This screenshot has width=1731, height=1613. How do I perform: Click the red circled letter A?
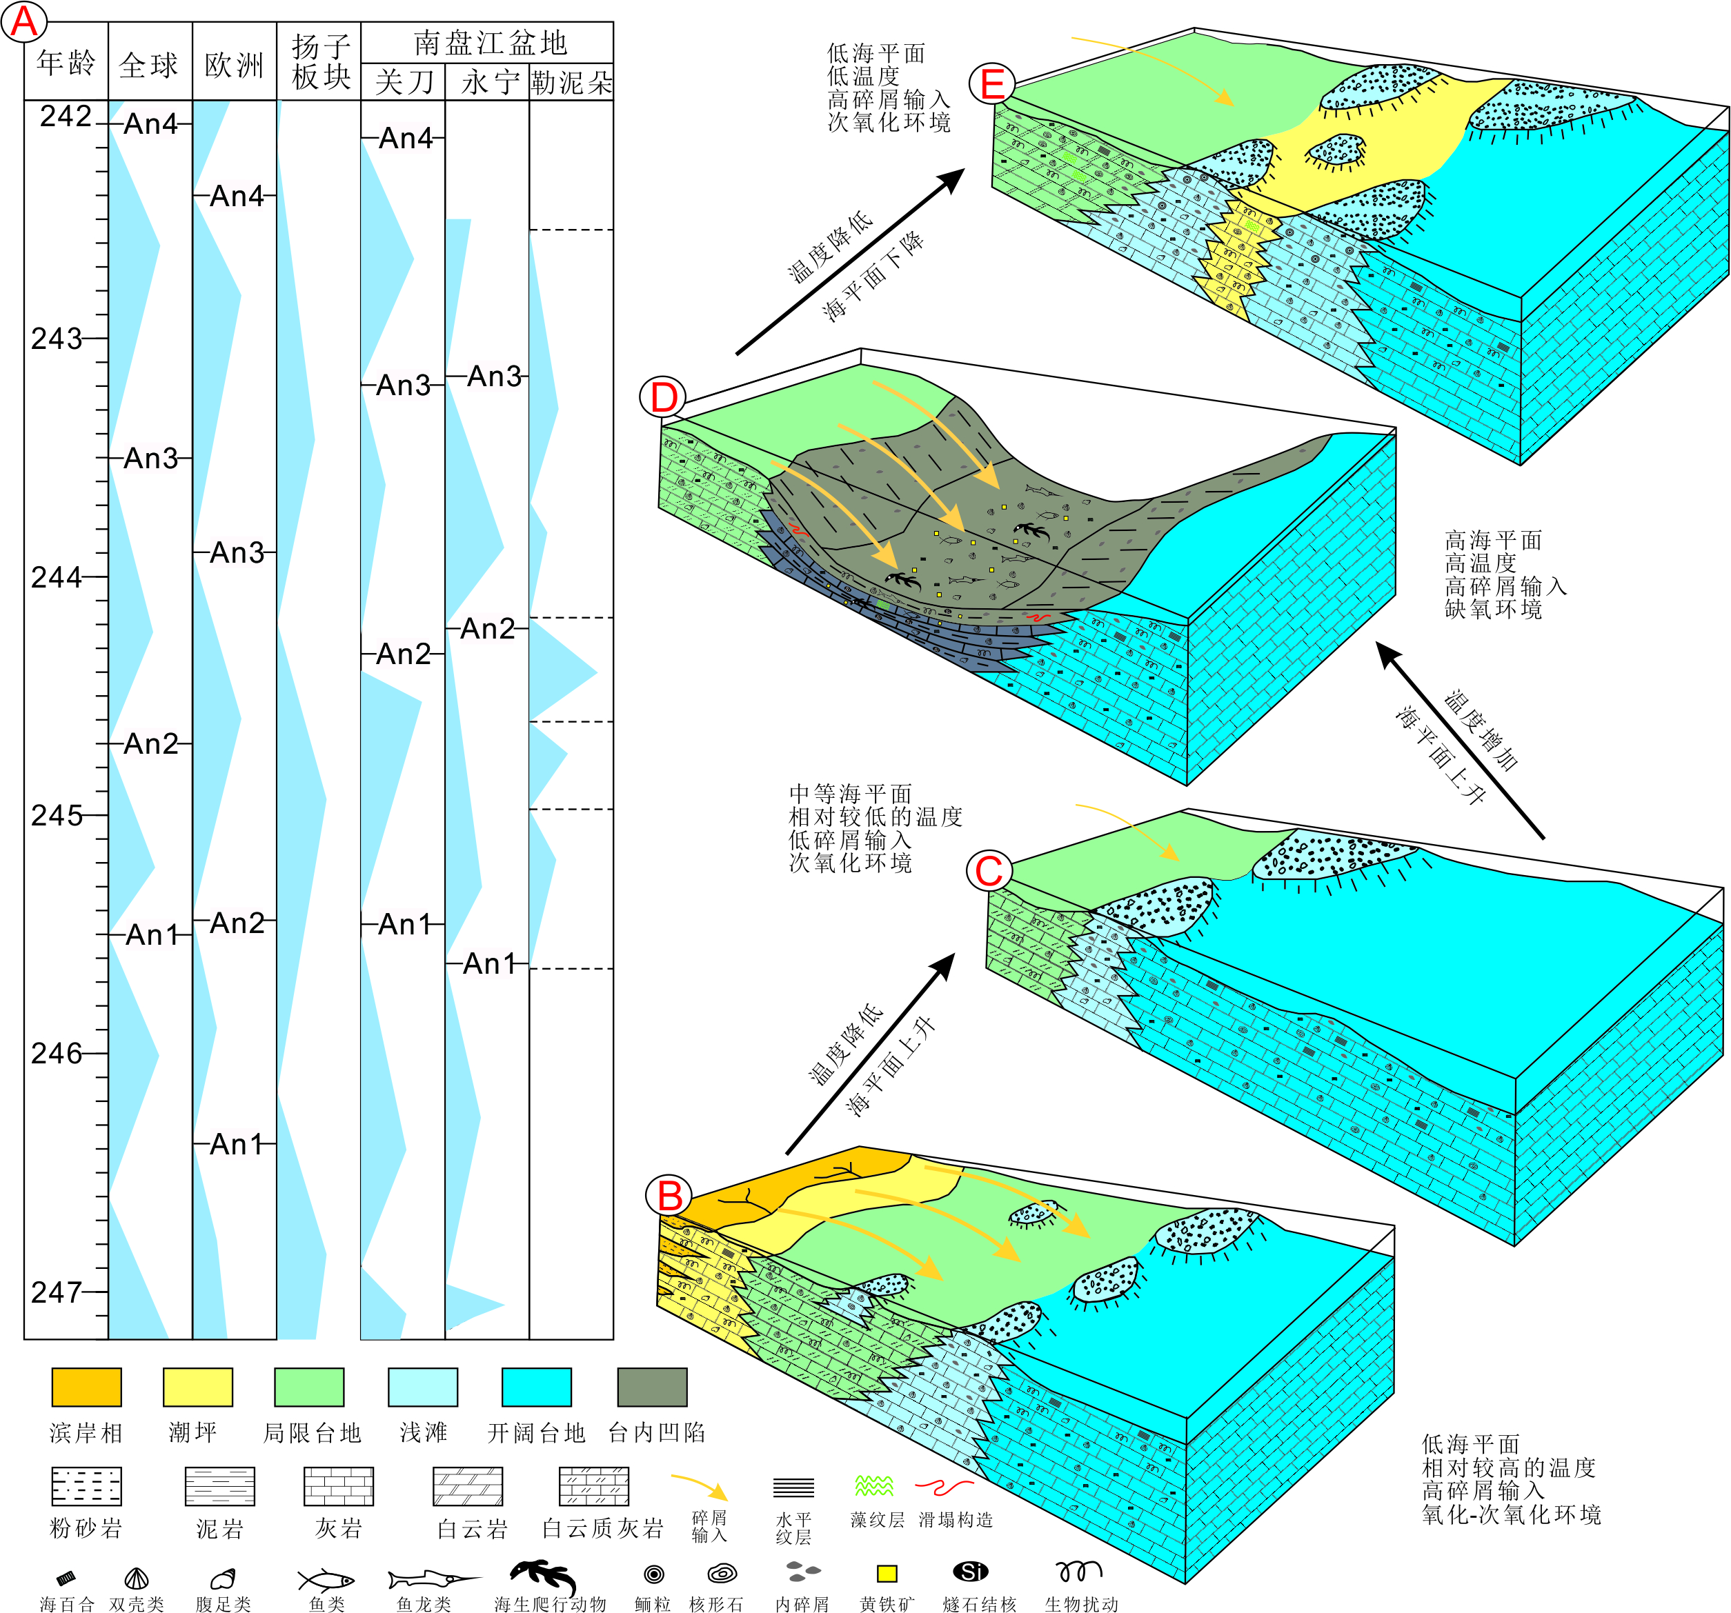click(x=23, y=22)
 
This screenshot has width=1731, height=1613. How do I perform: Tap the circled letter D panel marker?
click(x=664, y=398)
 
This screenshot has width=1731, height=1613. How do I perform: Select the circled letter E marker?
click(x=993, y=84)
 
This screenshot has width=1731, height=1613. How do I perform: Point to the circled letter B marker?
click(x=669, y=1196)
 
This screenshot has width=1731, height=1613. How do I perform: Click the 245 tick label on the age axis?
click(x=57, y=816)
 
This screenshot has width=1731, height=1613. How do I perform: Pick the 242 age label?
click(x=66, y=116)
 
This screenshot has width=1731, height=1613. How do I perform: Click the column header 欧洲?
click(x=233, y=64)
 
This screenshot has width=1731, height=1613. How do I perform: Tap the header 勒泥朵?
click(x=571, y=83)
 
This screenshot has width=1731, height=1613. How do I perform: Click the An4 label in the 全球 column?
click(x=150, y=125)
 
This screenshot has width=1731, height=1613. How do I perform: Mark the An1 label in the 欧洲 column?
click(x=235, y=1144)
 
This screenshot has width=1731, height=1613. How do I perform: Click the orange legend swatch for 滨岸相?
click(x=86, y=1387)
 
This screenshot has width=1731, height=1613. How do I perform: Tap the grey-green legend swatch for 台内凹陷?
click(x=651, y=1387)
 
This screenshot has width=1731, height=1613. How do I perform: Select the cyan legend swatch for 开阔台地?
click(x=536, y=1387)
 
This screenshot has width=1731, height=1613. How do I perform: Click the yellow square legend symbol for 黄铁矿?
click(x=887, y=1573)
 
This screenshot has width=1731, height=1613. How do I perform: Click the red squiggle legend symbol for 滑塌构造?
click(x=944, y=1487)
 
